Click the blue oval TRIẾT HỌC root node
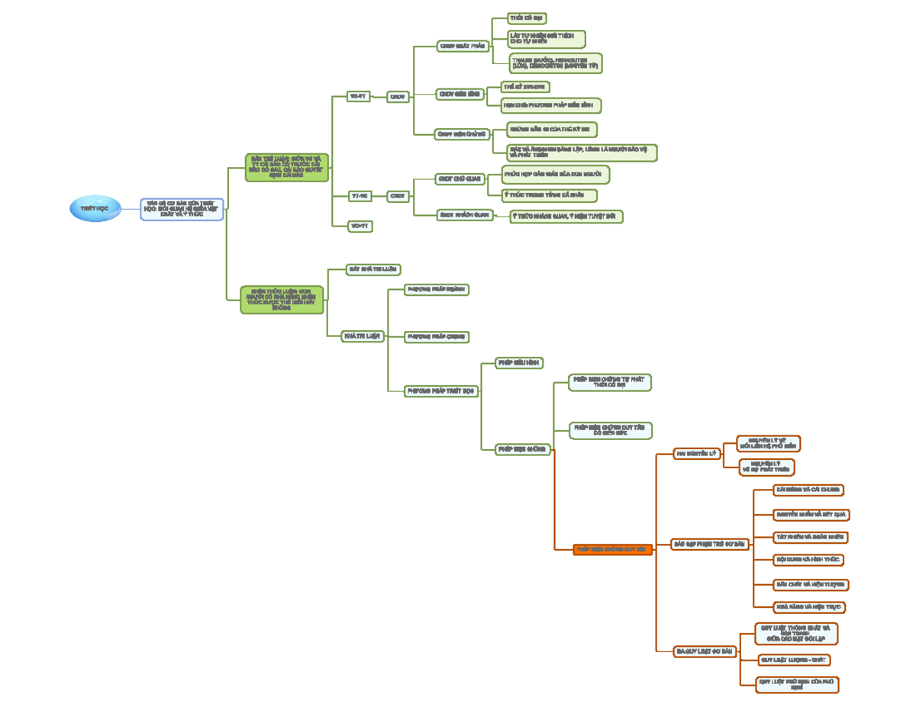pyautogui.click(x=94, y=208)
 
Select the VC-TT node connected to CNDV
pyautogui.click(x=357, y=97)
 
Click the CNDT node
pyautogui.click(x=398, y=196)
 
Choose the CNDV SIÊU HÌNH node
pyautogui.click(x=460, y=95)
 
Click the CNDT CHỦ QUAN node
pyautogui.click(x=460, y=178)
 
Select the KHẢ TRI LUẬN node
pyautogui.click(x=362, y=336)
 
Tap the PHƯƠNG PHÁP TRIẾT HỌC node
pyautogui.click(x=440, y=390)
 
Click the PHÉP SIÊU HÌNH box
pyautogui.click(x=519, y=363)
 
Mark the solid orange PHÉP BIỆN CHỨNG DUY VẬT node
pyautogui.click(x=612, y=549)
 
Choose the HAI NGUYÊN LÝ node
pyautogui.click(x=697, y=454)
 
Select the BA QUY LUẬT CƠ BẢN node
pyautogui.click(x=705, y=651)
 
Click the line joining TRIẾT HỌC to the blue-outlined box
pyautogui.click(x=130, y=208)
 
